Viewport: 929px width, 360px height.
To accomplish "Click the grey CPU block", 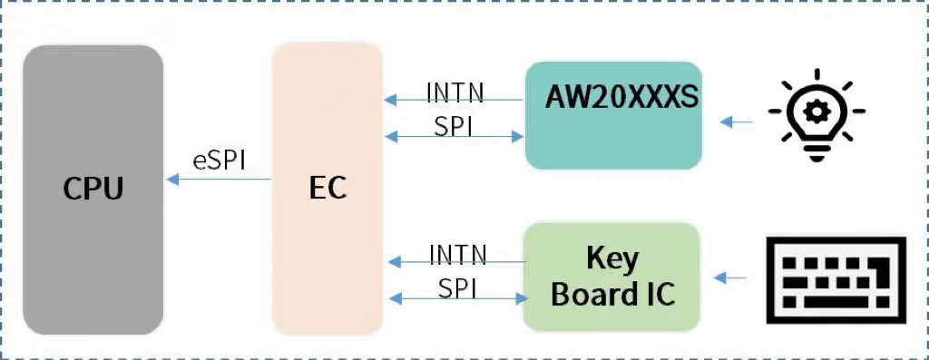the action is [x=93, y=190].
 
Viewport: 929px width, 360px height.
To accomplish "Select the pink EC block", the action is [x=328, y=189].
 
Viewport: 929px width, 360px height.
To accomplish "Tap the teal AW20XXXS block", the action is [x=613, y=115].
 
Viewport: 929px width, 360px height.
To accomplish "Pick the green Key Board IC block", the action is [x=611, y=277].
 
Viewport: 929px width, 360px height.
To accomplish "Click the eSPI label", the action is [x=220, y=161].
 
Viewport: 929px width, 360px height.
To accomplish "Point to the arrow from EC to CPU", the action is [x=219, y=179].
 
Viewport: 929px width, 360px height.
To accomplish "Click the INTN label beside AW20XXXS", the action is [x=455, y=92].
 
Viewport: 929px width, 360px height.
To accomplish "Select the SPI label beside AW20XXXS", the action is [x=455, y=125].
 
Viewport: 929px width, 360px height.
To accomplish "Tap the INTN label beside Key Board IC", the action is [x=457, y=255].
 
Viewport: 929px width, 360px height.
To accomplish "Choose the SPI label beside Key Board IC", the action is [x=458, y=288].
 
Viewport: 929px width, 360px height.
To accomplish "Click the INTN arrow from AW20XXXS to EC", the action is [x=454, y=100].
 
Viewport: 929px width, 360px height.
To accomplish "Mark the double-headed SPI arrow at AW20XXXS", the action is [x=454, y=137].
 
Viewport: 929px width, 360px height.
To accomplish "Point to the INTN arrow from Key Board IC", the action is [x=457, y=261].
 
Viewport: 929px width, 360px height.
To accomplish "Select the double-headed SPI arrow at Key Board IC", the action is [x=458, y=297].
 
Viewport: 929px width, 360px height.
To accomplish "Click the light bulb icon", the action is [x=817, y=114].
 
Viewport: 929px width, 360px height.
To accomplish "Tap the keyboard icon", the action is [x=836, y=280].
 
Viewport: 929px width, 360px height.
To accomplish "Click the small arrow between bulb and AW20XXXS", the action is [x=736, y=122].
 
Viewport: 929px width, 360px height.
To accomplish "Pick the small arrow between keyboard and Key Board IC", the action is [x=729, y=277].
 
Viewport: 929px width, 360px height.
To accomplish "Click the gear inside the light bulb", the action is [x=817, y=110].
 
